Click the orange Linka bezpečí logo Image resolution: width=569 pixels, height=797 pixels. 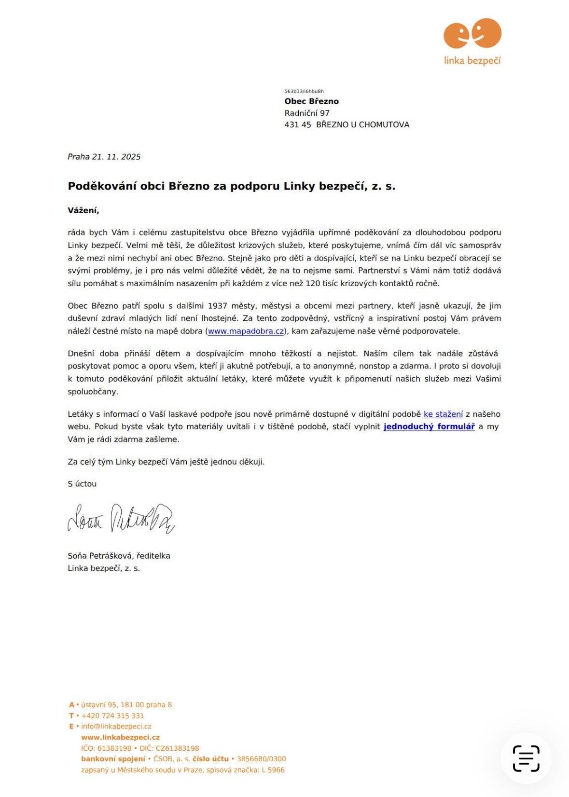point(472,41)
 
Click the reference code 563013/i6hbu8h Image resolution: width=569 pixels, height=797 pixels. point(304,91)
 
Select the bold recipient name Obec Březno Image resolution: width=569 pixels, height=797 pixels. point(311,101)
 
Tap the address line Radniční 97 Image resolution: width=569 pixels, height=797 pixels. point(307,113)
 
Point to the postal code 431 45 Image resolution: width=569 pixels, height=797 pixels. point(297,124)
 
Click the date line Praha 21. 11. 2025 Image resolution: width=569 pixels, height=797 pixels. point(104,157)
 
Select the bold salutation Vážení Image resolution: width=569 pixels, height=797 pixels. point(83,210)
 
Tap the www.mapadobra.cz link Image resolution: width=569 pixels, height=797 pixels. point(246,331)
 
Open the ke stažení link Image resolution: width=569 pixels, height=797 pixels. point(443,414)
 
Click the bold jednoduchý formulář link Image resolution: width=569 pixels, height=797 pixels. point(429,426)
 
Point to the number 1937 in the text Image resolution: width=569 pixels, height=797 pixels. point(218,306)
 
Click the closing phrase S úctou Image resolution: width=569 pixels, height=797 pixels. point(82,484)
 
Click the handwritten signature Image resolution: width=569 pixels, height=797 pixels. point(121,518)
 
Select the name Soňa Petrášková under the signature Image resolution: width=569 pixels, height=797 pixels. point(100,556)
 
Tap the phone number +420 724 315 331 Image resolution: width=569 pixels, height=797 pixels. point(112,716)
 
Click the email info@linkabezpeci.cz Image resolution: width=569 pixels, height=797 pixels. point(116,727)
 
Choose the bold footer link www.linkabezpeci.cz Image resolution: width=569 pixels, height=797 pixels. point(120,738)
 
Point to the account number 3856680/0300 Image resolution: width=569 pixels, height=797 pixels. point(262,759)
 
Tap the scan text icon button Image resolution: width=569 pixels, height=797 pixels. point(526,758)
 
